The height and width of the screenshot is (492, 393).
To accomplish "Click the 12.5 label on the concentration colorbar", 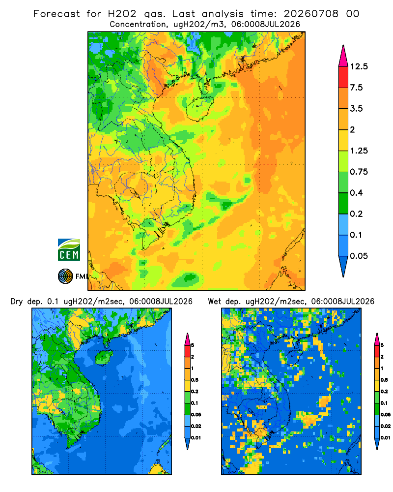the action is pyautogui.click(x=359, y=66).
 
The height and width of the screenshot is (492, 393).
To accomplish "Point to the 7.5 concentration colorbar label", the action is pyautogui.click(x=356, y=88).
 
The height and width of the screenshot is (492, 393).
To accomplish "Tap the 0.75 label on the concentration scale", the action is pyautogui.click(x=359, y=172).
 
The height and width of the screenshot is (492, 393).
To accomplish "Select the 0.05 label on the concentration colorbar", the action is pyautogui.click(x=359, y=256).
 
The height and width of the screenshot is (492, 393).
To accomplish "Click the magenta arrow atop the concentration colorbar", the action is pyautogui.click(x=343, y=57).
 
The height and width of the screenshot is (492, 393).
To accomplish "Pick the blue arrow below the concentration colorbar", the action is pyautogui.click(x=343, y=266).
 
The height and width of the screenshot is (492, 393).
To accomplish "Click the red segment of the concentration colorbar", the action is pyautogui.click(x=343, y=77).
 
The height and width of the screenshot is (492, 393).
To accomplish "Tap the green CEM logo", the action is pyautogui.click(x=69, y=250).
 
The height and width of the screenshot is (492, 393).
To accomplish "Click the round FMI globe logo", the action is pyautogui.click(x=65, y=277).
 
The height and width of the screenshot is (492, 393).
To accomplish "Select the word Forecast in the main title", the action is pyautogui.click(x=56, y=14).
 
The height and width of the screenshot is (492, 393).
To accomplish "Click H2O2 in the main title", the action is pyautogui.click(x=122, y=14).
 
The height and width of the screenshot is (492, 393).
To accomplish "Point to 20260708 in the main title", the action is pyautogui.click(x=311, y=14).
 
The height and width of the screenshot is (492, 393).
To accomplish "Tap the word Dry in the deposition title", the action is pyautogui.click(x=17, y=302).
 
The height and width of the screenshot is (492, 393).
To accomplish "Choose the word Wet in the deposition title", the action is pyautogui.click(x=214, y=302).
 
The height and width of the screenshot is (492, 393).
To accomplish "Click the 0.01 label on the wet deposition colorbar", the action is pyautogui.click(x=385, y=438).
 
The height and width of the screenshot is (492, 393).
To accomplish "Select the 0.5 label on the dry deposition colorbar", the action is pyautogui.click(x=195, y=380).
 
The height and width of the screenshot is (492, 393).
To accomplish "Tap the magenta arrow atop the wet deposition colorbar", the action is pyautogui.click(x=377, y=339).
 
